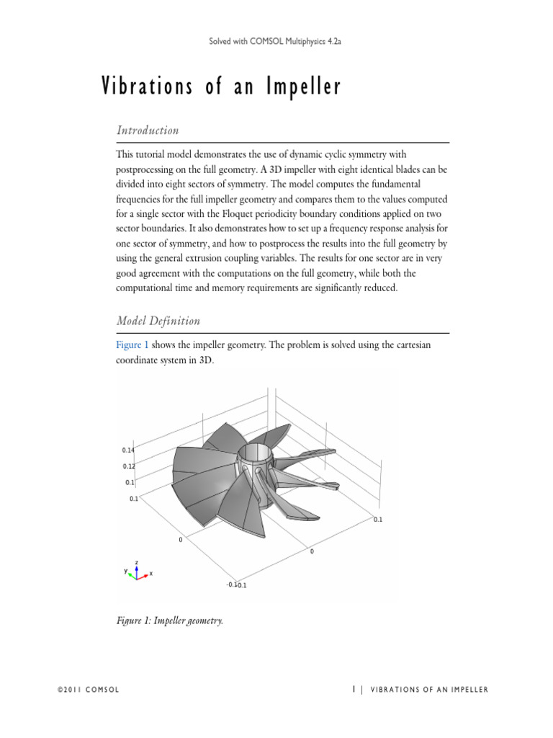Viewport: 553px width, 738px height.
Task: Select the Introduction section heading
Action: click(x=148, y=130)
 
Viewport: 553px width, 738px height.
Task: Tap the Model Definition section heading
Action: click(x=158, y=321)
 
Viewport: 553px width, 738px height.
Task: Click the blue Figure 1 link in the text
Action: click(x=132, y=345)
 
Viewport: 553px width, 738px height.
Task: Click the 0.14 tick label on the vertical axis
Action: click(x=128, y=450)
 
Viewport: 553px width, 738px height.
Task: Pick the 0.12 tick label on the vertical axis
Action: click(x=128, y=466)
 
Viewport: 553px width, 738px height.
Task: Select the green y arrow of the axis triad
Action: click(x=128, y=571)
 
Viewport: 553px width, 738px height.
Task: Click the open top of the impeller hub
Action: click(x=256, y=454)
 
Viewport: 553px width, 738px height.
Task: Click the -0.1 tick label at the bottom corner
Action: click(x=231, y=584)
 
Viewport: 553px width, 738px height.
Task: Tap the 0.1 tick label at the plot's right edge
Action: click(x=378, y=518)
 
